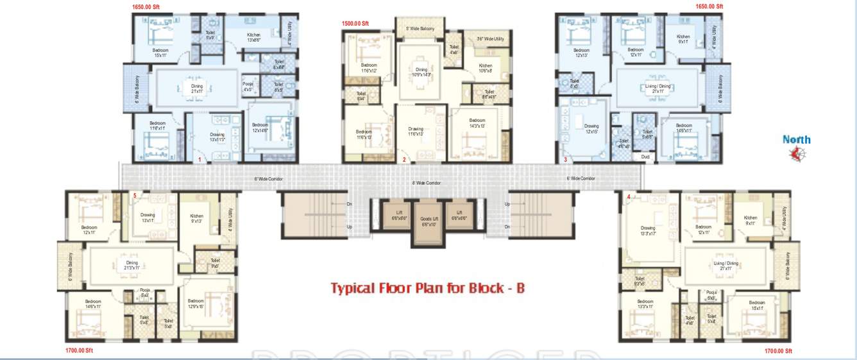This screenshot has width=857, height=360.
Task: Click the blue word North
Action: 796,139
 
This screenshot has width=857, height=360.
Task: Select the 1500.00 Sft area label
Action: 355,24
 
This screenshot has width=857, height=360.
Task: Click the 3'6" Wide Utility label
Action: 490,39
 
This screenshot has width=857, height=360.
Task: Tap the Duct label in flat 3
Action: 645,156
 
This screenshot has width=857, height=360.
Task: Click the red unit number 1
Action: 200,159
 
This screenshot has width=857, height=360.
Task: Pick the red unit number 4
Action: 629,196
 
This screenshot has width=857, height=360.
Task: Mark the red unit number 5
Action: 135,195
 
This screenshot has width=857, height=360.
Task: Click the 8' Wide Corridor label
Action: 426,183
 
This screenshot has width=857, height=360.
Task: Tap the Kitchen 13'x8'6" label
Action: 254,37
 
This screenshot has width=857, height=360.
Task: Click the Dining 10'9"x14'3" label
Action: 421,73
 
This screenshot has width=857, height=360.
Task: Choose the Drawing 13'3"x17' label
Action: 649,231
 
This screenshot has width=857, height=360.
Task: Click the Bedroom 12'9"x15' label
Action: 196,304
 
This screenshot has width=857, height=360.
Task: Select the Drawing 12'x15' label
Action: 591,129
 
